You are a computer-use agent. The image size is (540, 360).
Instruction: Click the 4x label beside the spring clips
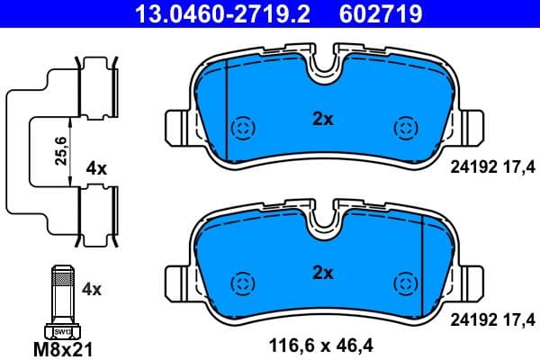95,168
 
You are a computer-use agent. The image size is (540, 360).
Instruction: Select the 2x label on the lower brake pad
322,272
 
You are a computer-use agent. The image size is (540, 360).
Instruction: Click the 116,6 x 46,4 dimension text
322,343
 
